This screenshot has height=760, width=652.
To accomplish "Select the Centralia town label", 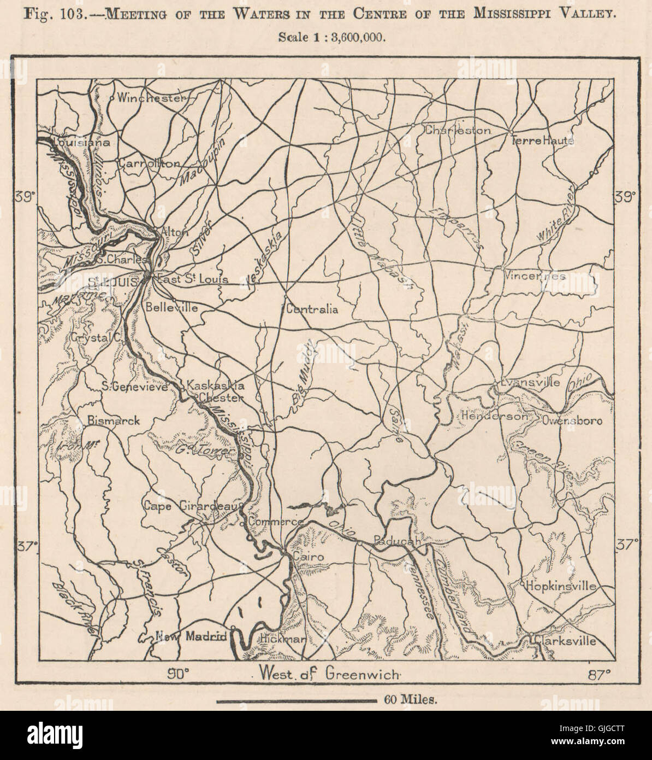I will pos(312,309).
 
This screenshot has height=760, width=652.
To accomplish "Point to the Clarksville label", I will pos(565,641).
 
